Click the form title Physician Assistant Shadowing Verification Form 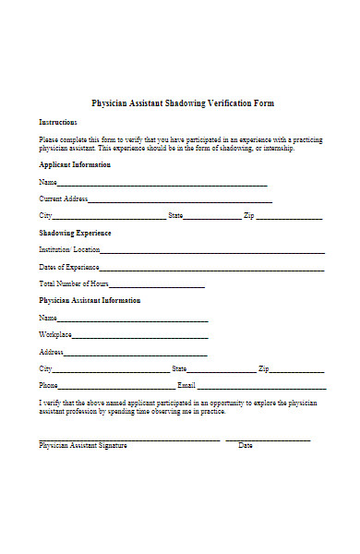tap(182, 103)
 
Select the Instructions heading tap(58, 122)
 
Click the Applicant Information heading tap(75, 164)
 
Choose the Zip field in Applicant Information tap(289, 218)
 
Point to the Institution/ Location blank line tap(212, 252)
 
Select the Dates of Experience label tap(69, 267)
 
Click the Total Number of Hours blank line tap(157, 285)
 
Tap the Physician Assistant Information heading tap(90, 300)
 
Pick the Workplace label tap(54, 333)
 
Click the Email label tap(186, 384)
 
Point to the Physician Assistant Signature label tap(83, 445)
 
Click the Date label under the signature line tap(246, 445)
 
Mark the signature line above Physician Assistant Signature tap(129, 438)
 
